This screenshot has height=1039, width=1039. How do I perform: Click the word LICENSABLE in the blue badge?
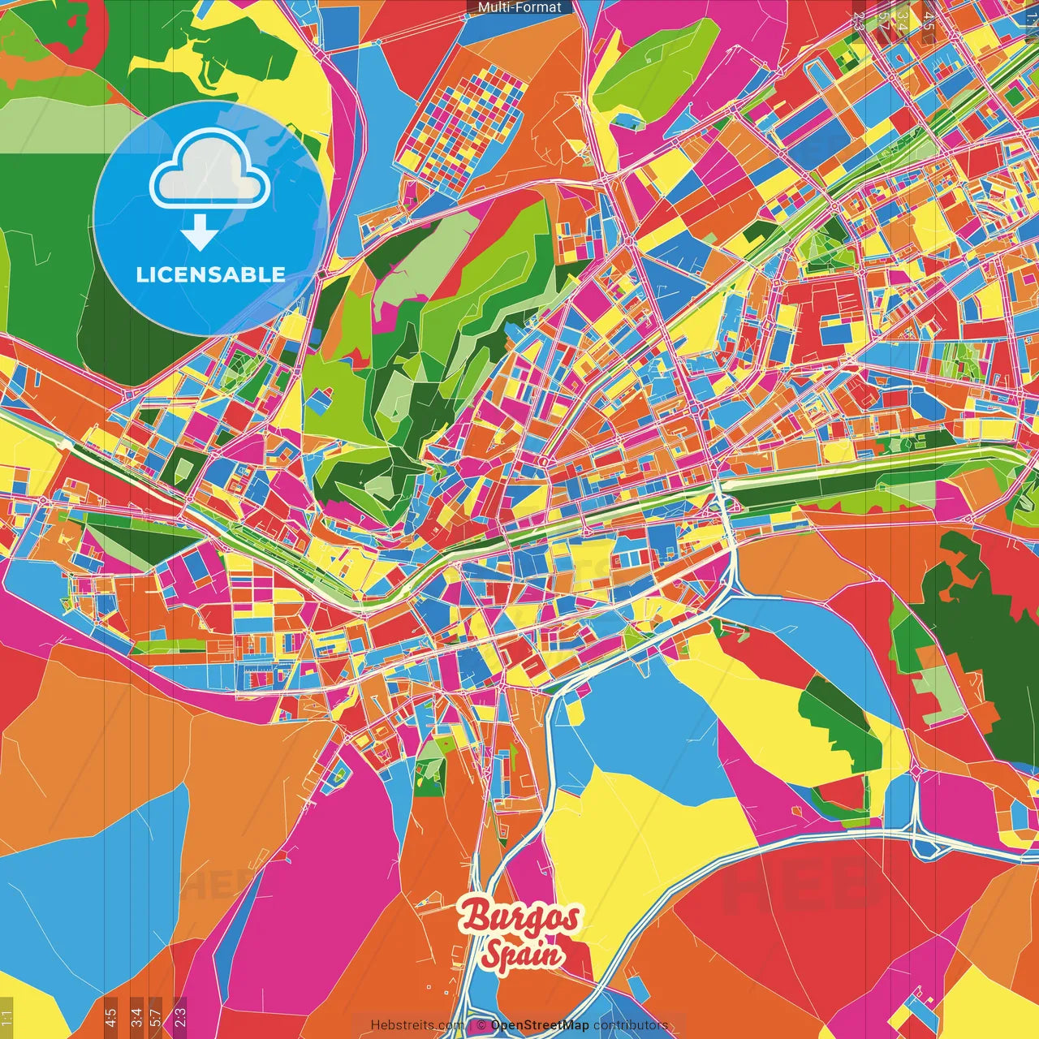(x=210, y=274)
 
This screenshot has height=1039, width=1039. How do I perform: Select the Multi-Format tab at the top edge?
(x=519, y=7)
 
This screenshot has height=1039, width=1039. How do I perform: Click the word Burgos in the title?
(x=520, y=917)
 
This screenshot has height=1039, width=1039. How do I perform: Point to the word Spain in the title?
(x=521, y=955)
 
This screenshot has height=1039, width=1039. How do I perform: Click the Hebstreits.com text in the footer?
(x=417, y=1025)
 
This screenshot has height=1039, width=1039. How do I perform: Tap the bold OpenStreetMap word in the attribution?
(x=540, y=1025)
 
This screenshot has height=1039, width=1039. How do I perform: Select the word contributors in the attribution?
(x=631, y=1025)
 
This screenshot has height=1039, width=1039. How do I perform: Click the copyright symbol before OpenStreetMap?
(x=481, y=1025)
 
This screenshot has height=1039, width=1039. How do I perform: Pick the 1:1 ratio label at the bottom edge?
(x=6, y=1017)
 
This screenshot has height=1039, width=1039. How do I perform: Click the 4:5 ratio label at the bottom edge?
(x=110, y=1015)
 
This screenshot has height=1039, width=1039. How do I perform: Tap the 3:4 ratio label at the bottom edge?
(x=136, y=1015)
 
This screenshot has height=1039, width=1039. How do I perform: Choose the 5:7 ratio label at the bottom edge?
(x=157, y=1015)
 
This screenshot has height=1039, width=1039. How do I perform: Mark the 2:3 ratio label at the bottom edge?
(x=179, y=1015)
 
